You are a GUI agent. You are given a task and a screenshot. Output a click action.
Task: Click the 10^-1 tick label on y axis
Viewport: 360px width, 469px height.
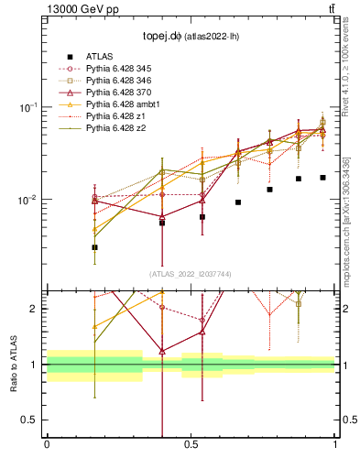[28, 107]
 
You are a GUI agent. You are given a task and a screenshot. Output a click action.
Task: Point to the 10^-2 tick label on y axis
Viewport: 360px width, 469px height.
[28, 200]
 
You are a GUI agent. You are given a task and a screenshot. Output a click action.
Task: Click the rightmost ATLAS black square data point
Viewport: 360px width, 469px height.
[322, 178]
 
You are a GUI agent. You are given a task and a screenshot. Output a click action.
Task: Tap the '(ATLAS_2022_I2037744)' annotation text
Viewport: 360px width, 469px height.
[190, 274]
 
